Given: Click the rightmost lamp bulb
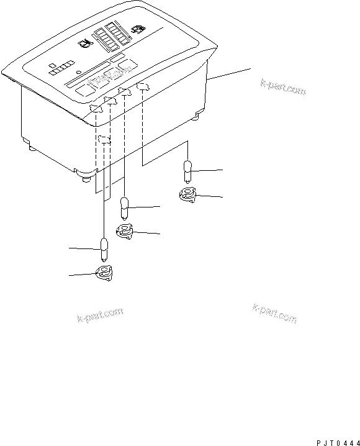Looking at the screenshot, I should pyautogui.click(x=188, y=169).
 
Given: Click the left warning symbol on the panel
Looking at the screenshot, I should pyautogui.click(x=84, y=44).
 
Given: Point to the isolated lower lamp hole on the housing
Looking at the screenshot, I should pyautogui.click(x=105, y=139).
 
